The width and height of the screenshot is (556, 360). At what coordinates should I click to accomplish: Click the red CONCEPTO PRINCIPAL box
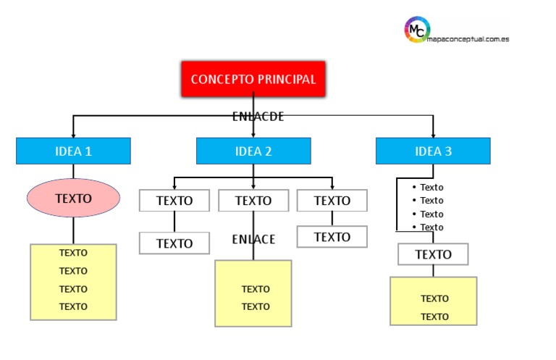(253, 79)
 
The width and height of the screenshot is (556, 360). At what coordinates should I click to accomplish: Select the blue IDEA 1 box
(73, 151)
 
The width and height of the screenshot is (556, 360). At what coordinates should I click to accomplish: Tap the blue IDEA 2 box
(253, 151)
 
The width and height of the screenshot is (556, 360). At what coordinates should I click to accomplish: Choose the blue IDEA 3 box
(433, 151)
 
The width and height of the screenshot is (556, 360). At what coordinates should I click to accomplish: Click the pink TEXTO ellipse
(73, 197)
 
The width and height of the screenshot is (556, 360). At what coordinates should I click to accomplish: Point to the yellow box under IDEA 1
(73, 282)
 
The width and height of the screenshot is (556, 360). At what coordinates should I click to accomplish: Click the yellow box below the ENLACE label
(253, 293)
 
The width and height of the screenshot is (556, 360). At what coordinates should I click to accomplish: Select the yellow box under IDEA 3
(433, 301)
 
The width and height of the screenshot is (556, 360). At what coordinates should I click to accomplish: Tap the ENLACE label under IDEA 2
(253, 239)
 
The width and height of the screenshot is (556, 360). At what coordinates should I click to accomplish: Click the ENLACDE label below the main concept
(258, 116)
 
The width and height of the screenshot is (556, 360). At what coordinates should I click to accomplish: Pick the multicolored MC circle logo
(417, 30)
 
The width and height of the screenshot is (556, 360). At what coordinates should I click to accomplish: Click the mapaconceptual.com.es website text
(468, 38)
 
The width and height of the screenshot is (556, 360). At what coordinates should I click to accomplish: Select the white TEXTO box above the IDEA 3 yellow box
(433, 254)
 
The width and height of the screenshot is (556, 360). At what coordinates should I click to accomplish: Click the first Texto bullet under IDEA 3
(431, 187)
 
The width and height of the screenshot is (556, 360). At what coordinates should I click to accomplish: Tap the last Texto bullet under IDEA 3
(431, 227)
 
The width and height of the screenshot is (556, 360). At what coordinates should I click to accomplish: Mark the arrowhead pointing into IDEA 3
(433, 134)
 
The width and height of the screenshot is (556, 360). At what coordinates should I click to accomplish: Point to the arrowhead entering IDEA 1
(73, 134)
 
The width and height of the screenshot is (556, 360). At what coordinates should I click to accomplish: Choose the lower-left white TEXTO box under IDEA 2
(174, 243)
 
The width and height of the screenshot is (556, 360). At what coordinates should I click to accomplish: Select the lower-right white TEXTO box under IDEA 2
(332, 237)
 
